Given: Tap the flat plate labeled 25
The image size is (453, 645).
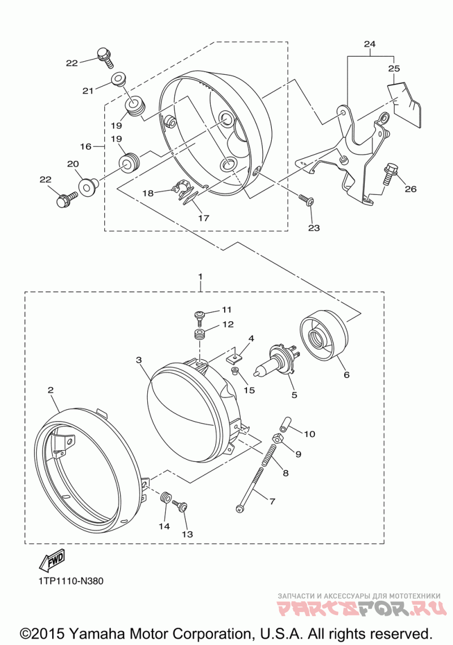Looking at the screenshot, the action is click(x=405, y=103).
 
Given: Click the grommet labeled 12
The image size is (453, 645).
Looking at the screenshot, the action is click(x=199, y=335).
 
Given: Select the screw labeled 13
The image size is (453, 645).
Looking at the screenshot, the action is click(x=180, y=506).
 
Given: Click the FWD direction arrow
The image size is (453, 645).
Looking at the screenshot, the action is click(x=52, y=560).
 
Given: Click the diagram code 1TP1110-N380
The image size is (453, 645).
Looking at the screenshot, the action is click(x=71, y=582).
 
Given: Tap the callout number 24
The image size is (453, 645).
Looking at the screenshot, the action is click(x=370, y=44).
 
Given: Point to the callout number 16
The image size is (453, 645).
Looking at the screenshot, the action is click(x=86, y=146).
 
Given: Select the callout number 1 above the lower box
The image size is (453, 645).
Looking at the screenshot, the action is click(x=200, y=277).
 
